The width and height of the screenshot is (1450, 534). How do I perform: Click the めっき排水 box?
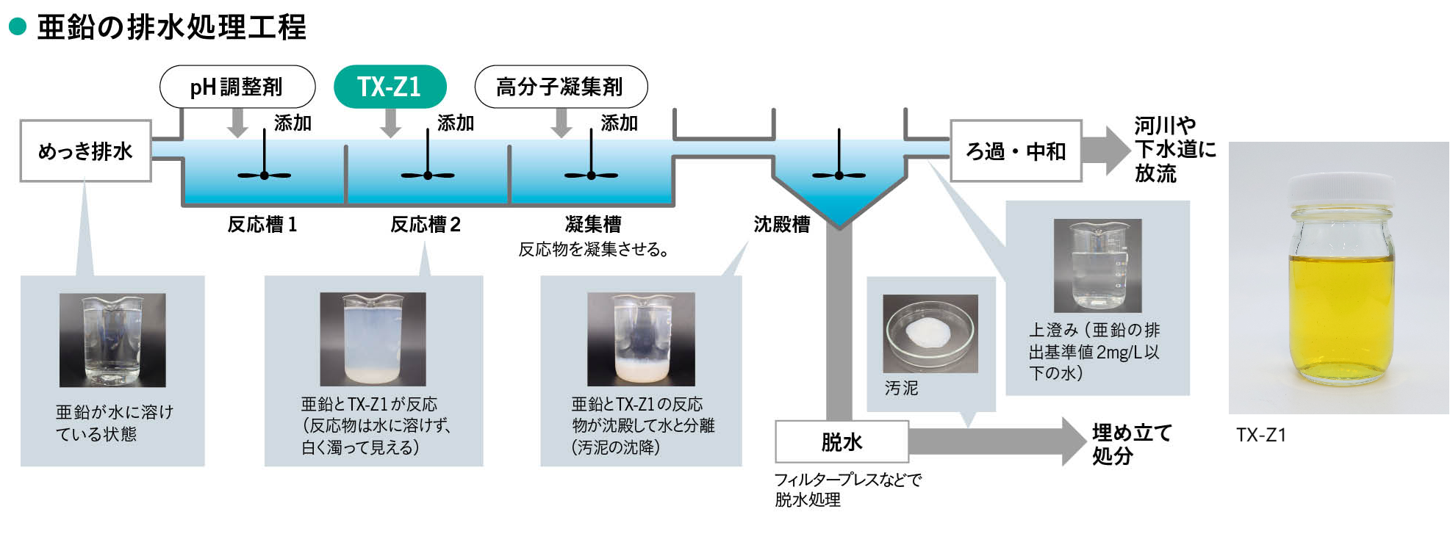pyautogui.click(x=85, y=151)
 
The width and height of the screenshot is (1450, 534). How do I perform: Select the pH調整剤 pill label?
pyautogui.click(x=237, y=87)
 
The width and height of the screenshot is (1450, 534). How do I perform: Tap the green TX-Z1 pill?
pyautogui.click(x=390, y=87)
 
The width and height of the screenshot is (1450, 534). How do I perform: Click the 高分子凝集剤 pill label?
pyautogui.click(x=561, y=87)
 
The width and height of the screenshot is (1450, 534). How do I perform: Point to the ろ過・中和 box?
pyautogui.click(x=1016, y=151)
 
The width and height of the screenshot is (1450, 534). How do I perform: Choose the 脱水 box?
pyautogui.click(x=842, y=441)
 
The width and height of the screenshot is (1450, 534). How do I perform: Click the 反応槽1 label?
pyautogui.click(x=262, y=224)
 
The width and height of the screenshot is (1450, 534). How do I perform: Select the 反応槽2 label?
pyautogui.click(x=426, y=224)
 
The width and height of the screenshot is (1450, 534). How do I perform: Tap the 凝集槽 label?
pyautogui.click(x=593, y=224)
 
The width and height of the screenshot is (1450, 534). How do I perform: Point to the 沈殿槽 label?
pyautogui.click(x=782, y=224)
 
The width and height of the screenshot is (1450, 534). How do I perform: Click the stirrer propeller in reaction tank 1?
pyautogui.click(x=265, y=175)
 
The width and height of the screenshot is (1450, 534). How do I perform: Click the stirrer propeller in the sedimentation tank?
pyautogui.click(x=839, y=175)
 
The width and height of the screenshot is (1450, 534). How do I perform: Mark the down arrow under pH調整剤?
pyautogui.click(x=237, y=123)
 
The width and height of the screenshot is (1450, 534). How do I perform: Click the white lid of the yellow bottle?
pyautogui.click(x=1340, y=190)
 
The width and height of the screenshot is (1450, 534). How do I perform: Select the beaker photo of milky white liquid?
pyautogui.click(x=373, y=339)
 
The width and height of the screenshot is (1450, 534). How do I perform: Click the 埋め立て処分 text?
pyautogui.click(x=1132, y=444)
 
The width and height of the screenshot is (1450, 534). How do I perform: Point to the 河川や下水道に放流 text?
pyautogui.click(x=1174, y=149)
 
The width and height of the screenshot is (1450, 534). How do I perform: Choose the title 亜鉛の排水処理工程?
pyautogui.click(x=171, y=27)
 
